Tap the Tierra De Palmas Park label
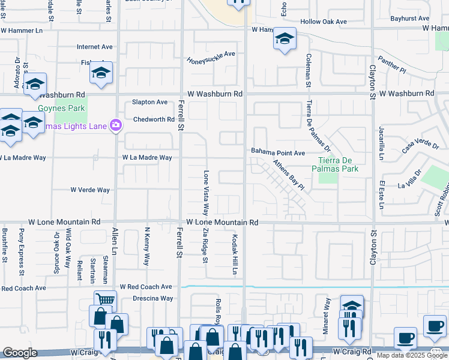click(x=338, y=164)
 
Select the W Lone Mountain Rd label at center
click(x=221, y=222)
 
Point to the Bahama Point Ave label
click(x=278, y=153)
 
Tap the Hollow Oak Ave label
click(x=324, y=22)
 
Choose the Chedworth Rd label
click(x=154, y=119)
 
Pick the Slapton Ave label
click(x=149, y=103)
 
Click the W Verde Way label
click(x=90, y=190)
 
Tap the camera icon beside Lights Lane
click(x=116, y=126)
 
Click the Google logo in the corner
click(x=20, y=353)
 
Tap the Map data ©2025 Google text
click(x=412, y=356)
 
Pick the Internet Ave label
click(x=95, y=46)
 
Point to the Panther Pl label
click(x=410, y=70)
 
